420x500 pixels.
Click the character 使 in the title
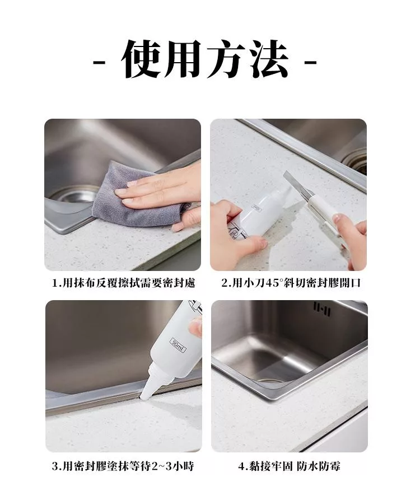141,59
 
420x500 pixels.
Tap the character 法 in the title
269,59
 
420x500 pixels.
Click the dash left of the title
99,62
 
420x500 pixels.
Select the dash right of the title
310,62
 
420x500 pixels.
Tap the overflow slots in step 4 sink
322,309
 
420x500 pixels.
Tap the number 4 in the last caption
241,466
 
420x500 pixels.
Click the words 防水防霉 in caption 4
319,466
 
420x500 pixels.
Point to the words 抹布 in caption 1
85,283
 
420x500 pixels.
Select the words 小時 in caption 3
183,466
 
